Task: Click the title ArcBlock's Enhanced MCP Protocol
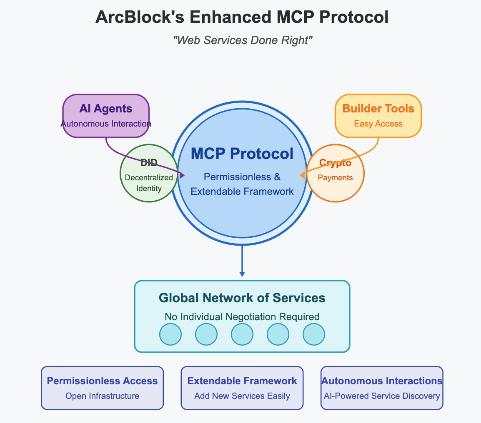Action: (x=242, y=17)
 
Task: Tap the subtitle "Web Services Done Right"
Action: (x=243, y=40)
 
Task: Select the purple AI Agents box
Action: (x=105, y=115)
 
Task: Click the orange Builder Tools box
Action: (x=378, y=115)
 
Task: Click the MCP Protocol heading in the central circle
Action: (x=242, y=154)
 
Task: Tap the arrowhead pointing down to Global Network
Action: (x=242, y=274)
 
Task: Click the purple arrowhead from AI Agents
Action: (x=182, y=175)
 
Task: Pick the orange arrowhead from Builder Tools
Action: (x=302, y=176)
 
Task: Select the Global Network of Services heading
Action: (x=242, y=298)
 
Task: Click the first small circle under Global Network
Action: (x=170, y=334)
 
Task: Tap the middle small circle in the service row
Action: (x=242, y=334)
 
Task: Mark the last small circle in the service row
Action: (x=313, y=334)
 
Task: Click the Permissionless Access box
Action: (x=102, y=388)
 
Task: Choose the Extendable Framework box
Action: (x=242, y=388)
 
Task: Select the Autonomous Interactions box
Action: (x=382, y=388)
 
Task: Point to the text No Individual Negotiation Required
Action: (x=242, y=317)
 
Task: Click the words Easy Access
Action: (x=378, y=124)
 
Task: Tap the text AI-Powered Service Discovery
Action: (x=382, y=396)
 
